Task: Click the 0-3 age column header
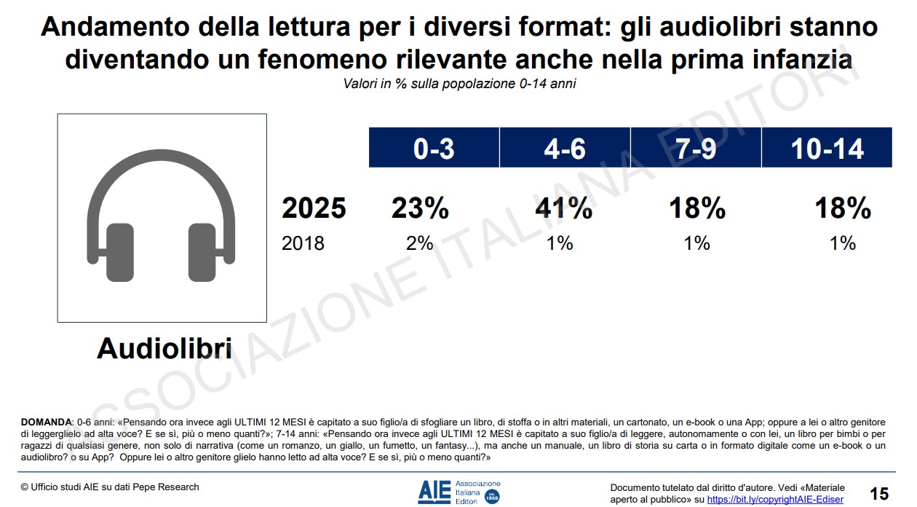click(x=434, y=148)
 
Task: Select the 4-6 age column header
click(x=565, y=148)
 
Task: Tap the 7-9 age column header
click(x=696, y=148)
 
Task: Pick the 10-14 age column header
click(x=827, y=148)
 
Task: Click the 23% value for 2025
click(x=420, y=209)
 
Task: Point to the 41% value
click(x=564, y=209)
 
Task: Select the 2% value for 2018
click(x=420, y=243)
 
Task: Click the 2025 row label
click(x=314, y=209)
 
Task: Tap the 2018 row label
click(x=303, y=243)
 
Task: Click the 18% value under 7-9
click(x=697, y=209)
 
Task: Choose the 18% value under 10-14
click(x=843, y=209)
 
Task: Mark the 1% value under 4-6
click(x=560, y=243)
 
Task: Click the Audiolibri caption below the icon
click(x=164, y=349)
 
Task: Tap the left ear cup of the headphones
click(x=121, y=251)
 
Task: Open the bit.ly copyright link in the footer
click(x=775, y=500)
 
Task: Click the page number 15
click(x=879, y=494)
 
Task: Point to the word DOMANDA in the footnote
click(x=46, y=422)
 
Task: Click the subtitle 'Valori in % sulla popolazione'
click(x=459, y=84)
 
